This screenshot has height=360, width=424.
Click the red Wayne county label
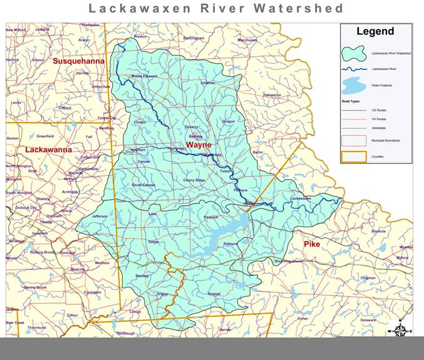(x=198, y=144)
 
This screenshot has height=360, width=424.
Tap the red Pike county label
(x=311, y=244)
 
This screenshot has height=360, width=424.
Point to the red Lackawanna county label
(x=48, y=150)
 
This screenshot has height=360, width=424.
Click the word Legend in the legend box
(x=375, y=31)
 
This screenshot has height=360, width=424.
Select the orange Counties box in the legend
(x=354, y=156)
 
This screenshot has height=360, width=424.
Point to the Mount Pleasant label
(x=143, y=76)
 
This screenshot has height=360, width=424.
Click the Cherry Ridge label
(x=194, y=180)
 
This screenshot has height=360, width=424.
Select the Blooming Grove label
(x=289, y=261)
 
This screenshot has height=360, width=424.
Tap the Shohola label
(x=378, y=231)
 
